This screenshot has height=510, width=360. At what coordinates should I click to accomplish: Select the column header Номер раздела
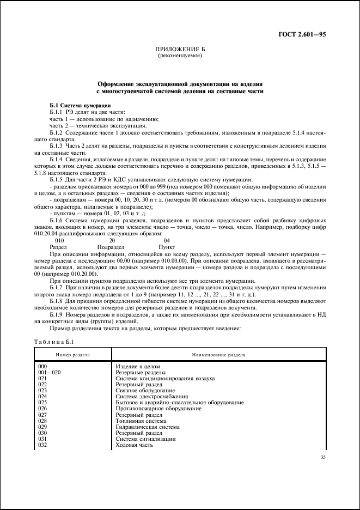click(x=72, y=355)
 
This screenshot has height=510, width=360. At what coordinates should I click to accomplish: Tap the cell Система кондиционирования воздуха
click(x=165, y=378)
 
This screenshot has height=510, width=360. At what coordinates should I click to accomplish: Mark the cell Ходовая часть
click(x=135, y=445)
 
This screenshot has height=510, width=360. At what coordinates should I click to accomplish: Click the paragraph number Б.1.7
click(x=57, y=286)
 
